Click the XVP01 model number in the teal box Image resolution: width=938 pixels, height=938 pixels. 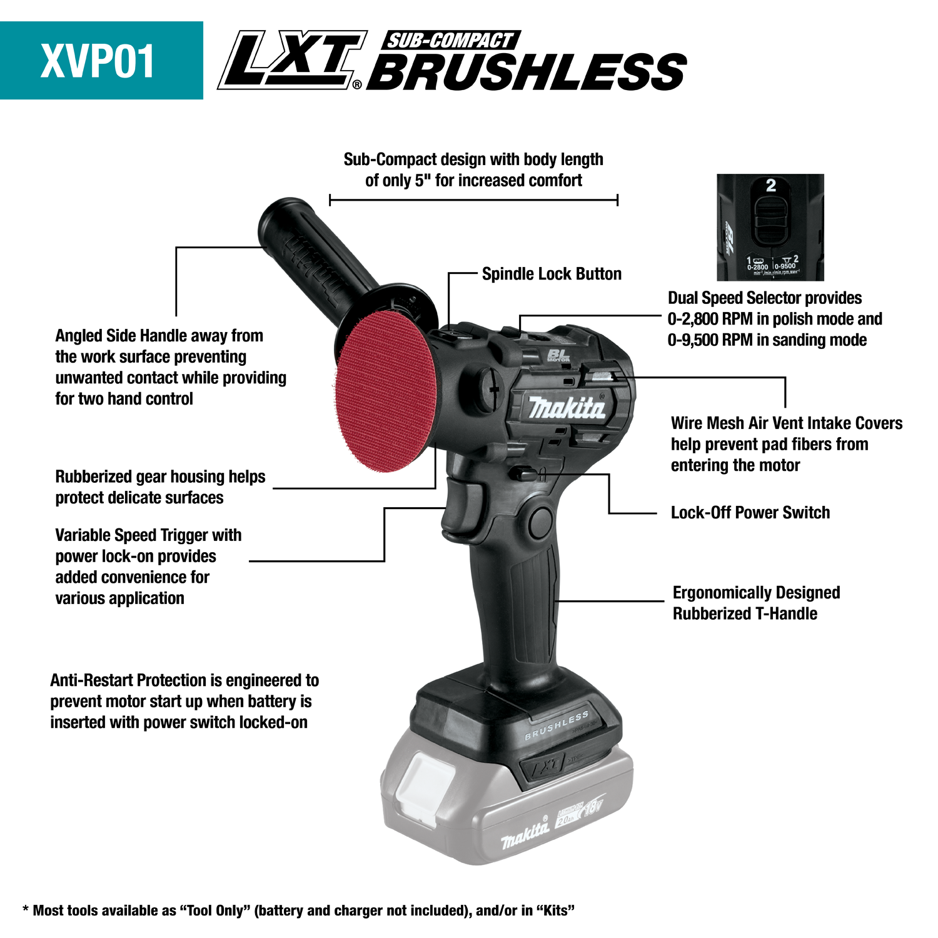[x=98, y=61]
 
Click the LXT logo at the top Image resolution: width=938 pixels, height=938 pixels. [x=291, y=61]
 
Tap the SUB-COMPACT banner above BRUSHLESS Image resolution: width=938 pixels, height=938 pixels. [x=449, y=41]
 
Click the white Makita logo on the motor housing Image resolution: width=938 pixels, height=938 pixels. [x=567, y=408]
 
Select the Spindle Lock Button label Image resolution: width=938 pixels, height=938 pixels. [x=552, y=274]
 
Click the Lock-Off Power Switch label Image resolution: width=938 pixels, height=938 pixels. [x=750, y=513]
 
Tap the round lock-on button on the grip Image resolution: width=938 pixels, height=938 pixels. [x=539, y=522]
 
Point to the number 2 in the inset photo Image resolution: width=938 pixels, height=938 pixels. [x=770, y=186]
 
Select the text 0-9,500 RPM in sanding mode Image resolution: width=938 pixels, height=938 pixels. [x=767, y=340]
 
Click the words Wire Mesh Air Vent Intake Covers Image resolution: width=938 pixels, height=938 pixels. [x=786, y=423]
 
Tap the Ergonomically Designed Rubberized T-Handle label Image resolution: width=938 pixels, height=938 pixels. [x=755, y=603]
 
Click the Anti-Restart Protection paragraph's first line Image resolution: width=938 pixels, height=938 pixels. [x=184, y=680]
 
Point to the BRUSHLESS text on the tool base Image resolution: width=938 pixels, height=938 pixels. [x=556, y=725]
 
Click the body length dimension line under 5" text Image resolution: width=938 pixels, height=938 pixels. [x=473, y=200]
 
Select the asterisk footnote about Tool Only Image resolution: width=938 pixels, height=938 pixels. [x=298, y=910]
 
